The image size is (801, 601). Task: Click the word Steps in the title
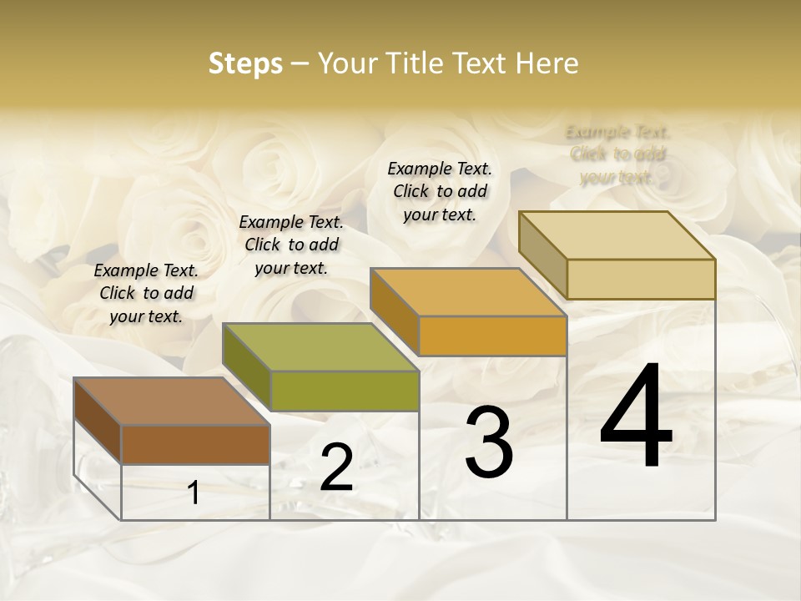[x=245, y=63]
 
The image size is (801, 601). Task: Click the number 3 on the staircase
[x=489, y=442]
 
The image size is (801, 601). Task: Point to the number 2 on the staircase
[x=336, y=467]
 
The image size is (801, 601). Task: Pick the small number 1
[x=194, y=493]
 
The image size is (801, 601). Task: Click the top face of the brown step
[x=171, y=402]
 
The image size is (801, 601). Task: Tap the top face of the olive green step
[x=320, y=347]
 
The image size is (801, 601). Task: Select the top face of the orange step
[x=468, y=293]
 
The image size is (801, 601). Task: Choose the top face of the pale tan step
[x=617, y=235]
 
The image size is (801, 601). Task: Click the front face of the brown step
[x=195, y=445]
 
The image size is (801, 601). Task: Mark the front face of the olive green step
[x=345, y=391]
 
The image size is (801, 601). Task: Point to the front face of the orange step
[x=492, y=336]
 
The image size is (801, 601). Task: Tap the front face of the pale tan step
[x=641, y=280]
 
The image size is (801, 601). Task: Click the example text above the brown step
[x=146, y=293]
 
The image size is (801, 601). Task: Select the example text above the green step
[x=291, y=245]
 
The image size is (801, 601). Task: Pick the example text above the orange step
[x=440, y=191]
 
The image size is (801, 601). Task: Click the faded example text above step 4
[x=617, y=154]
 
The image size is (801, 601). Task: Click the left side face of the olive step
[x=247, y=367]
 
